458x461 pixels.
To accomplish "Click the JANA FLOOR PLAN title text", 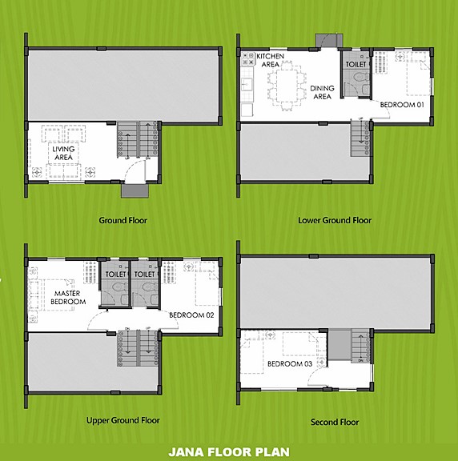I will tap(229, 451).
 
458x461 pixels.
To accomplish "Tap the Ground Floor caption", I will tap(123, 220).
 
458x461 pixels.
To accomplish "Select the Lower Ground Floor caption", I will tap(334, 220).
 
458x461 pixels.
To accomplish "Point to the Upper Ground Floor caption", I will tap(123, 420).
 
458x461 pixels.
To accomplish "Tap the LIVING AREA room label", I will tap(63, 153).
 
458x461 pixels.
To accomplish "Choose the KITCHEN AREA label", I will tap(268, 59).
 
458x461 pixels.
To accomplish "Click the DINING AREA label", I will tap(322, 93).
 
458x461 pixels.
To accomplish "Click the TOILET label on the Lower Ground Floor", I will tap(356, 64).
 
